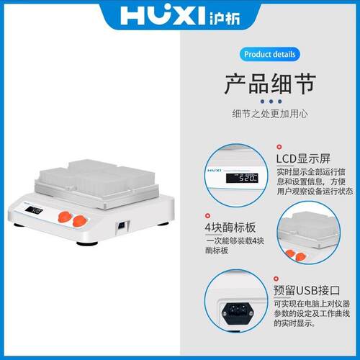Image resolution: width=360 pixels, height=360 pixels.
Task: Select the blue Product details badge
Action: click(x=269, y=55)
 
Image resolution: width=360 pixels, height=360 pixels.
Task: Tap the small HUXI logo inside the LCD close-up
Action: click(x=216, y=172)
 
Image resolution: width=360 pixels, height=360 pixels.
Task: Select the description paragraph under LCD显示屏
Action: click(x=314, y=181)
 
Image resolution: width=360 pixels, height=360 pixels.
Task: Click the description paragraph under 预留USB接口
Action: click(x=314, y=314)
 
